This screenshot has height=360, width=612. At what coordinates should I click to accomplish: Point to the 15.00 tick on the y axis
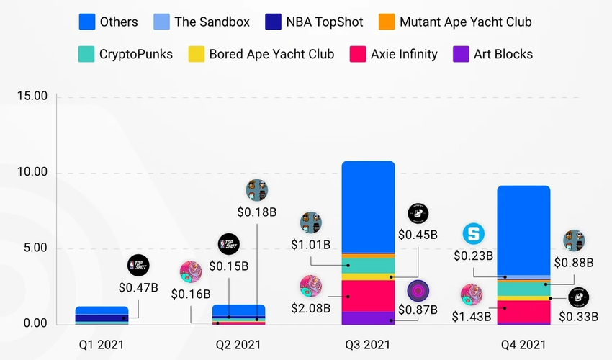point(31,96)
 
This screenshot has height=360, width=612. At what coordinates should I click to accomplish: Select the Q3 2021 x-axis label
point(366,343)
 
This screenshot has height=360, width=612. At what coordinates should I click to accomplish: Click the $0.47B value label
point(138,288)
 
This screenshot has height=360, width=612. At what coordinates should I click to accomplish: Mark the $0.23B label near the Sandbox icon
point(473,255)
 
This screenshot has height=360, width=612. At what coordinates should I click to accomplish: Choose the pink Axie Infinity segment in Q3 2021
point(367,295)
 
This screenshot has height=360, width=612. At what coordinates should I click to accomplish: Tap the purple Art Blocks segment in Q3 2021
point(367,318)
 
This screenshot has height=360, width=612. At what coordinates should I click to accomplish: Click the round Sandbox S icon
point(474,233)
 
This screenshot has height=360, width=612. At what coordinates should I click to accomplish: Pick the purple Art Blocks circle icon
point(418,291)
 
